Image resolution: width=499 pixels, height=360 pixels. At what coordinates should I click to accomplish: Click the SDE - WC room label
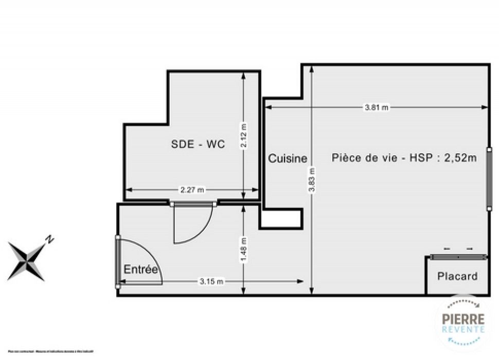[198, 145]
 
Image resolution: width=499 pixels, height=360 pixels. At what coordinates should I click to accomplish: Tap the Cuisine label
[288, 159]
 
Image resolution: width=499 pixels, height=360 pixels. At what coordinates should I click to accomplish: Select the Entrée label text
[140, 269]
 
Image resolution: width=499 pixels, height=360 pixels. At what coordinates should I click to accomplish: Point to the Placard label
[457, 276]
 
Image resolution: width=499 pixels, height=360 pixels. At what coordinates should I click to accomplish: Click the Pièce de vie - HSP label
[404, 158]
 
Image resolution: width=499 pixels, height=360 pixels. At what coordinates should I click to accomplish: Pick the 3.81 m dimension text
[377, 107]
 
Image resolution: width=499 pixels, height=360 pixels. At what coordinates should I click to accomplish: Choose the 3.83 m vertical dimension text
[311, 180]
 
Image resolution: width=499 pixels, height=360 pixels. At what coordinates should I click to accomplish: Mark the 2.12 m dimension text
[244, 135]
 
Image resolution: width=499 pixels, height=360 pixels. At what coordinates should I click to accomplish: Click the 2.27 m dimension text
[192, 190]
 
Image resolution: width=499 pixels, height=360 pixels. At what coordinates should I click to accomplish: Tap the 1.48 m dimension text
[244, 247]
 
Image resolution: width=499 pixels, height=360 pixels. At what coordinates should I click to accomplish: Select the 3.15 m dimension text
[211, 281]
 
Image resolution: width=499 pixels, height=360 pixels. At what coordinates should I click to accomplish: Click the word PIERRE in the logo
[464, 319]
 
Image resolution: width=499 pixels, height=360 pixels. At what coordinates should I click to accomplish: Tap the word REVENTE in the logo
[464, 329]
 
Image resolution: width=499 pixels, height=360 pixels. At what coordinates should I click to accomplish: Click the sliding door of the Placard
[458, 256]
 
